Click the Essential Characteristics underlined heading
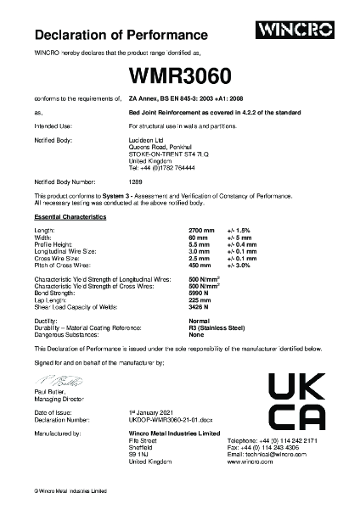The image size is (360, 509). point(70,219)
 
